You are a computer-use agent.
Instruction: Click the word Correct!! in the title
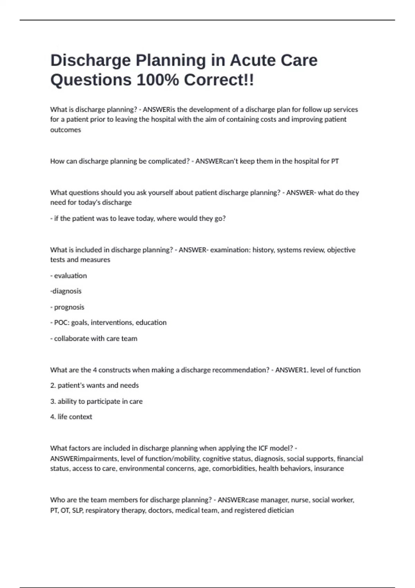(x=219, y=80)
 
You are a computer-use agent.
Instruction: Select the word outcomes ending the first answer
(x=65, y=130)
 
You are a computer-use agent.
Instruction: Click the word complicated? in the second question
(x=169, y=161)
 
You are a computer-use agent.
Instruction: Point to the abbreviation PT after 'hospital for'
(x=335, y=161)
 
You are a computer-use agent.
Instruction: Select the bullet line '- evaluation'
(x=68, y=276)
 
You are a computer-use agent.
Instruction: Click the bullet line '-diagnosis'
(x=66, y=291)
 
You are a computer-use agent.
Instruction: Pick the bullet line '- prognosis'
(x=67, y=307)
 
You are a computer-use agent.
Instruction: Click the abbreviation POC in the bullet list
(x=61, y=323)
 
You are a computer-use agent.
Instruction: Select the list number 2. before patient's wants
(x=53, y=386)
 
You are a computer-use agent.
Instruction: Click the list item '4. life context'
(x=71, y=417)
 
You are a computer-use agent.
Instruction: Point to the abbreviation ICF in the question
(x=262, y=448)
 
